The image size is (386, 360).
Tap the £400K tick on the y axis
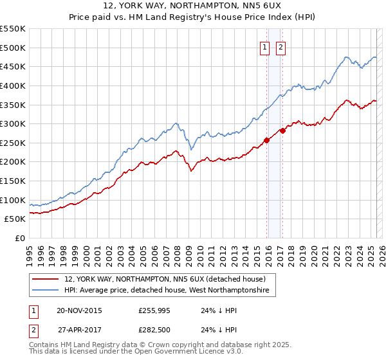(x=14, y=85)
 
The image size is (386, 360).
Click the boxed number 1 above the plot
(x=264, y=46)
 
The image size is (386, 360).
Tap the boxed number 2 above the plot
(x=281, y=46)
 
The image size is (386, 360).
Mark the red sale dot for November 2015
(x=267, y=141)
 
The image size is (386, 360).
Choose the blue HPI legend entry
(x=170, y=291)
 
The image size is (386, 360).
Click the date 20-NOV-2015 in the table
(x=79, y=310)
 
